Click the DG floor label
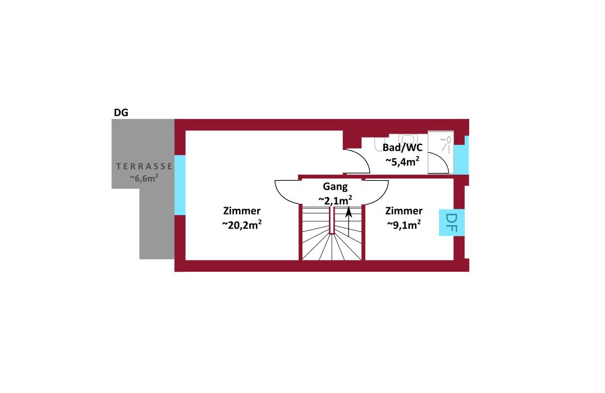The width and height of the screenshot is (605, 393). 121,113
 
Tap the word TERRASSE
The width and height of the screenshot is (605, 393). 144,166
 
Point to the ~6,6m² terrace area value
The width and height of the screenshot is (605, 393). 144,178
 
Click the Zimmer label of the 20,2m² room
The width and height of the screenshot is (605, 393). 242,211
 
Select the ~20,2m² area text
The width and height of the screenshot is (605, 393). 242,225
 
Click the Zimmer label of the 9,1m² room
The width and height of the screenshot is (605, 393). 404,211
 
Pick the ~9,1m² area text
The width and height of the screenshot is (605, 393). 404,225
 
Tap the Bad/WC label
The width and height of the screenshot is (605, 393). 402,148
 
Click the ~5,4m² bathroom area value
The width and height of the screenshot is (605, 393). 402,161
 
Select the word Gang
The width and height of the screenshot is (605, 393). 335,187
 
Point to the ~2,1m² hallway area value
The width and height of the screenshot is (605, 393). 335,200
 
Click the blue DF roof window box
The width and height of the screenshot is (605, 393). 452,222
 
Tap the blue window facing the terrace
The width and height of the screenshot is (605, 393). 180,185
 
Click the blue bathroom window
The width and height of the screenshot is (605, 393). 461,155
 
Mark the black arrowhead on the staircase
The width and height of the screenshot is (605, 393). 349,212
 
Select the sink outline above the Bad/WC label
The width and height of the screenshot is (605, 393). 407,139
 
